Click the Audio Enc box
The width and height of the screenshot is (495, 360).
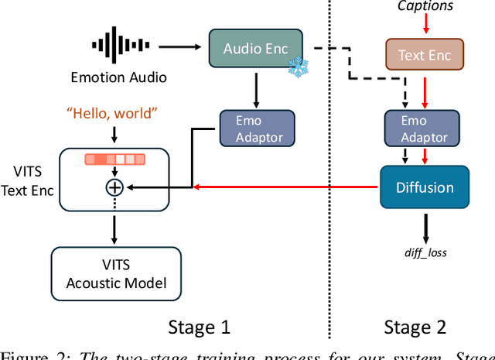(255, 48)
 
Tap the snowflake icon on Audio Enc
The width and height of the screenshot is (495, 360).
(296, 68)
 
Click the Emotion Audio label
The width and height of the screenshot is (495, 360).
(118, 77)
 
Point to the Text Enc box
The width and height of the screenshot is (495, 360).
(425, 55)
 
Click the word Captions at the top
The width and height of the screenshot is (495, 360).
(425, 7)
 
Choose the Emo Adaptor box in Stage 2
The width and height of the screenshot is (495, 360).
(425, 129)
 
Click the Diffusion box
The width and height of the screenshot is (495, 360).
(425, 187)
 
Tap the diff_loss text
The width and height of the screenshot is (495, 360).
(425, 252)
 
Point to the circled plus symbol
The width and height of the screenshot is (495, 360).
(114, 187)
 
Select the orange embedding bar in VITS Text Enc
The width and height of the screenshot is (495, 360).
(114, 160)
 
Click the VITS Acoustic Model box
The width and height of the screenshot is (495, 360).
(116, 273)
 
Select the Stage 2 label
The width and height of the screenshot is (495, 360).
(415, 327)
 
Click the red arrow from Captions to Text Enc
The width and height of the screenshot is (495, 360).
(425, 26)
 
